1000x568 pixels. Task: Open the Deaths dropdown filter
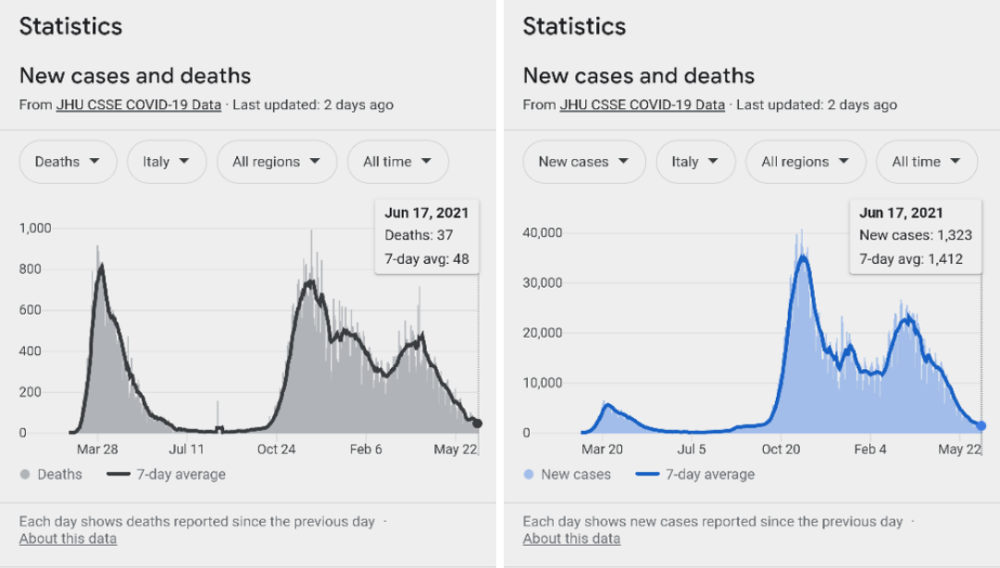(68, 162)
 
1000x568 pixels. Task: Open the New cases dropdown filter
(583, 162)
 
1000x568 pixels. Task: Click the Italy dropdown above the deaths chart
(166, 162)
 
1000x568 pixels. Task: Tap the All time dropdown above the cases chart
(927, 162)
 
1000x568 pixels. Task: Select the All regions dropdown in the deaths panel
(276, 162)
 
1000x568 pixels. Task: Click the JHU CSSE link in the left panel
(139, 105)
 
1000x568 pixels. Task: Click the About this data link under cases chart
(571, 538)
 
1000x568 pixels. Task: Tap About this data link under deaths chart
(68, 538)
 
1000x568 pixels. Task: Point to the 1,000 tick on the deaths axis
(34, 228)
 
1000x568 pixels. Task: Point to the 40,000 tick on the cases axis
(542, 232)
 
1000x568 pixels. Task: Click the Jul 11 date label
(186, 450)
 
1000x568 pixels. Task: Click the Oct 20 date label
(781, 450)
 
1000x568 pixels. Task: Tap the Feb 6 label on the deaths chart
(366, 450)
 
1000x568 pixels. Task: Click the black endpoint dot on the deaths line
(478, 424)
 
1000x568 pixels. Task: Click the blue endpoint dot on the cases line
(981, 426)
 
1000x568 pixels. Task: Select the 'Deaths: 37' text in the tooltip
(419, 235)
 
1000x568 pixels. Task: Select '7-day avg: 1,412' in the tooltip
(911, 259)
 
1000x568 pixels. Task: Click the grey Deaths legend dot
(25, 475)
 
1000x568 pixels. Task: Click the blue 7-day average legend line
(648, 475)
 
